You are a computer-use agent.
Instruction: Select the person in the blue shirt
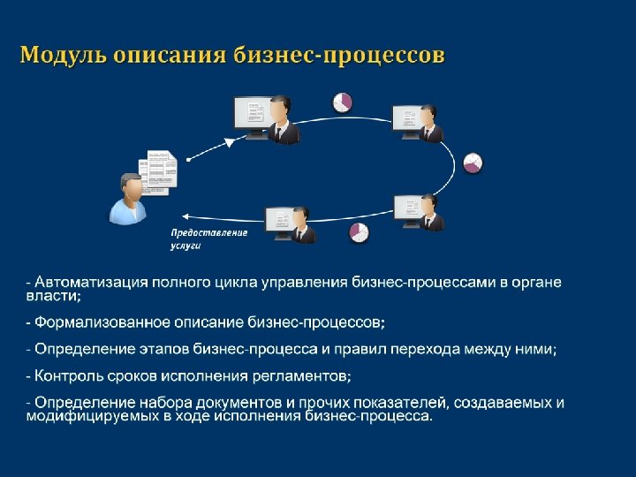[x=128, y=199]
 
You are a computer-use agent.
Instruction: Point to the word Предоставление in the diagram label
[x=208, y=232]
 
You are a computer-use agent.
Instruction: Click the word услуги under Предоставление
[x=185, y=246]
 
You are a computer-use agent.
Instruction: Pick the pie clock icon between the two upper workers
[x=342, y=102]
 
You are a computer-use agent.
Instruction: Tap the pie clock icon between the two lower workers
[x=358, y=231]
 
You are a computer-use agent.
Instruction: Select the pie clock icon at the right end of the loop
[x=473, y=163]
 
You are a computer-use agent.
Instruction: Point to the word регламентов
[x=300, y=376]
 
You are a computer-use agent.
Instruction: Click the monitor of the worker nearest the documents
[x=249, y=115]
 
